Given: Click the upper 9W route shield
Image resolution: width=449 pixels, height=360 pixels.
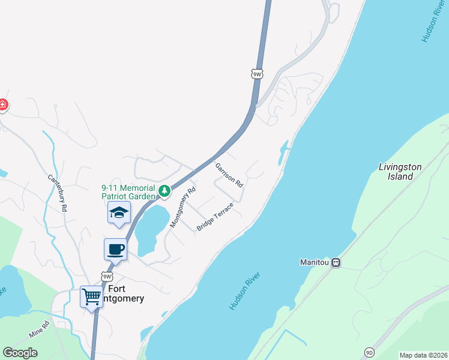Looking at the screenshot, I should click(257, 74).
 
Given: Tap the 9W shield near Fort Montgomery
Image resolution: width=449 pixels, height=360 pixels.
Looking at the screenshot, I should click(106, 277).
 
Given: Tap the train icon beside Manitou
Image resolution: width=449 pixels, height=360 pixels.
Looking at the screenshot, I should click(337, 262).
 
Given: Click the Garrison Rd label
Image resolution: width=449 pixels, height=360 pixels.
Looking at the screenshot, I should click(229, 174).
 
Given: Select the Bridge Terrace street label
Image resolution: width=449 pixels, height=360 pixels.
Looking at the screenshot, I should click(215, 216).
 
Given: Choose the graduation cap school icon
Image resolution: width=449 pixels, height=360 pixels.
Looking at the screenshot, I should click(119, 212).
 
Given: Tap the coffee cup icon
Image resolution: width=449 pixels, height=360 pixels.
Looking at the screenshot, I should click(115, 248).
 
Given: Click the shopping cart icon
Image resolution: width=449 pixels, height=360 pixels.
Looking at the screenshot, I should click(91, 295).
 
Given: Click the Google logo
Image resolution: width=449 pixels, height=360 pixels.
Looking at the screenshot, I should click(20, 353).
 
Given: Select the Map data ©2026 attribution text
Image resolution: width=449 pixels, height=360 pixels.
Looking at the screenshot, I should click(423, 355).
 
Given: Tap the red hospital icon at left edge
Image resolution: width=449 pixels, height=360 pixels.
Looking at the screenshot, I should click(2, 105).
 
